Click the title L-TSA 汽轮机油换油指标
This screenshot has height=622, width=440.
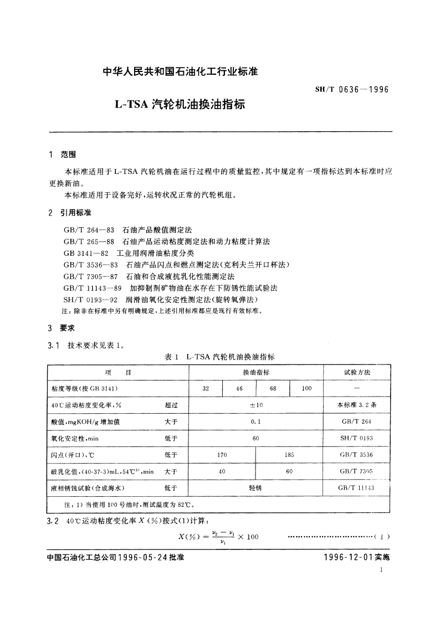[x=180, y=104]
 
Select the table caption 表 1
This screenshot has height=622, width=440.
[x=173, y=357]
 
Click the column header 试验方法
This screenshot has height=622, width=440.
[x=357, y=373]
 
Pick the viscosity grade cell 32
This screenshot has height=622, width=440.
[x=206, y=389]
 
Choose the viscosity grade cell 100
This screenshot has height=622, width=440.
[x=306, y=389]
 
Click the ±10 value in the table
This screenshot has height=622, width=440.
[x=255, y=405]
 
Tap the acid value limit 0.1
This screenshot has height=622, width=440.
[x=255, y=421]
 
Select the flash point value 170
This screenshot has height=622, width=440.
[x=222, y=455]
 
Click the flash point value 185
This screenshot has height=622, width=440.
[x=289, y=455]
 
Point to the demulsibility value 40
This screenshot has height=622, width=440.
[x=222, y=471]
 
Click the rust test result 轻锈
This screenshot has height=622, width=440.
[x=255, y=488]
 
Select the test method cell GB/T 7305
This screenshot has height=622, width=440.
[x=357, y=471]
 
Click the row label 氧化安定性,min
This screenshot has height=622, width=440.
[x=74, y=438]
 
